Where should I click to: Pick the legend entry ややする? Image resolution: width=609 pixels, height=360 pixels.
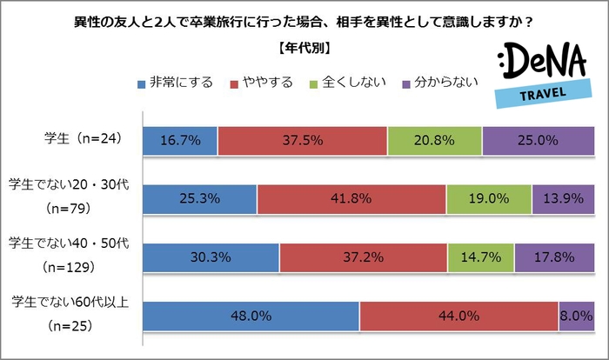(x=260, y=84)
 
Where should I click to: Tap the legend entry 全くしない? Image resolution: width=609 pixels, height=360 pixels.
(x=347, y=84)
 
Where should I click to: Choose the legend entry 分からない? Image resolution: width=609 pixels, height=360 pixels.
(x=438, y=84)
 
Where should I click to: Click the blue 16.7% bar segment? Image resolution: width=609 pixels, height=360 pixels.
(x=179, y=139)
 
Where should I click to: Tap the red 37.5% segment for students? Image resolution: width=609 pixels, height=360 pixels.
(x=302, y=139)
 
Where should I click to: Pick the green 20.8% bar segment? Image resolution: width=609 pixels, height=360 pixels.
(x=434, y=139)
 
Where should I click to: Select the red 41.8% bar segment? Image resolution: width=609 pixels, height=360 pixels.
(x=351, y=199)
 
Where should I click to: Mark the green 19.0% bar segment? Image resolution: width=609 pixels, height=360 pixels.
(x=489, y=199)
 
